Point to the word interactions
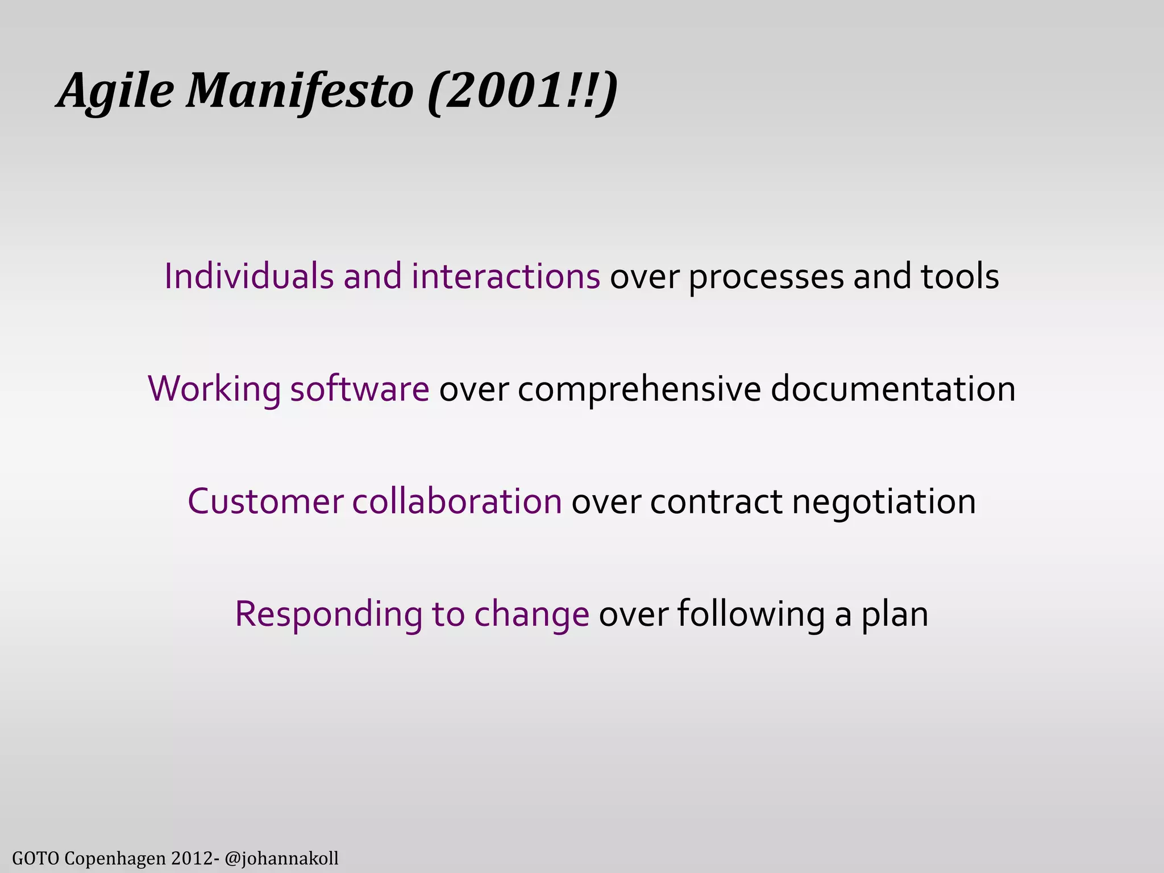pos(506,276)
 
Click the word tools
pos(960,276)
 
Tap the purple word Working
pos(214,389)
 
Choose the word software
pos(360,389)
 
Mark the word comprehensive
pos(639,390)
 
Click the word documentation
pos(893,389)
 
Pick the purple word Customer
pos(265,501)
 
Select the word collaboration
pos(457,501)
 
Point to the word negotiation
pos(884,502)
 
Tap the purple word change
pos(532,614)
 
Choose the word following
pos(750,614)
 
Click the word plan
pos(895,614)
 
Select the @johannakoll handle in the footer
pos(282,858)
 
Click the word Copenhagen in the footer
pos(115,858)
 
